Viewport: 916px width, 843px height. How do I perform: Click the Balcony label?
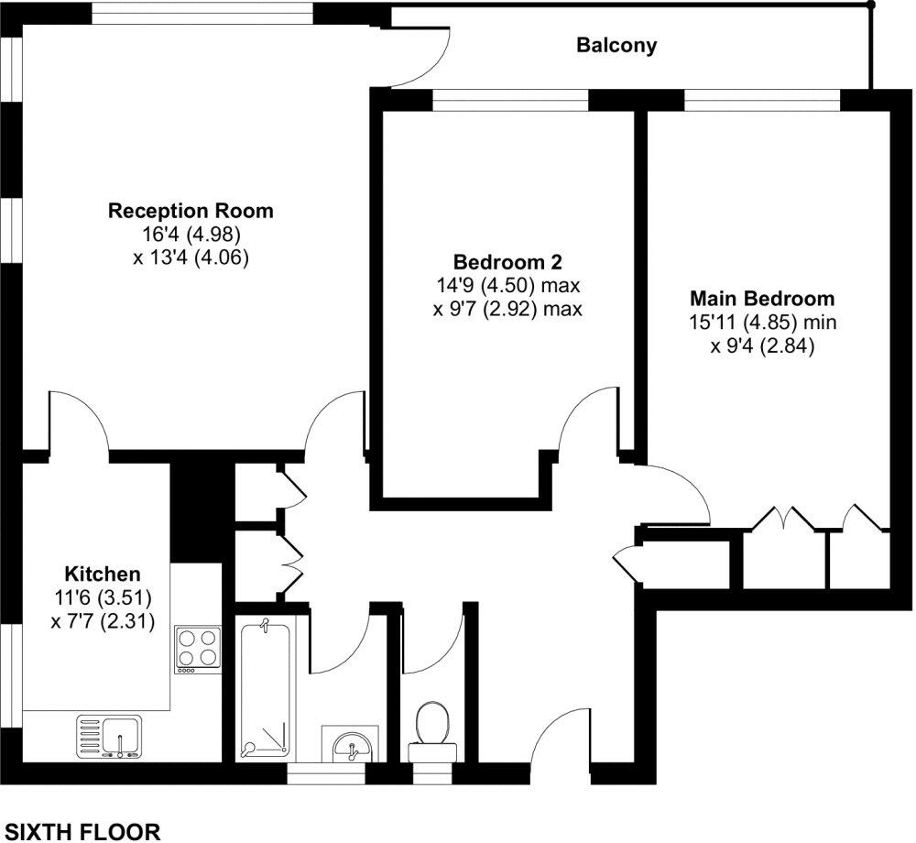coord(616,46)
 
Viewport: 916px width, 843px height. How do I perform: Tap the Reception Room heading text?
coord(191,211)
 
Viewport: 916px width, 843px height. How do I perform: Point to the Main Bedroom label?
coord(762,299)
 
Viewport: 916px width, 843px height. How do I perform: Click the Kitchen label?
coord(102,575)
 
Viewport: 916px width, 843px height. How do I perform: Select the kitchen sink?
coord(110,737)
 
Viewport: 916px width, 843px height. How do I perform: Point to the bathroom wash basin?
coord(351,743)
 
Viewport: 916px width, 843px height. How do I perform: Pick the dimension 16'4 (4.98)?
coord(191,235)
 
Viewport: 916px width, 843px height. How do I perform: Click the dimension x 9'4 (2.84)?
coord(762,346)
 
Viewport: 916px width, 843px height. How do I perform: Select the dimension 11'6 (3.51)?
coord(102,598)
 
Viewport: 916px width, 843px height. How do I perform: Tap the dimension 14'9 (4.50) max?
coord(507,284)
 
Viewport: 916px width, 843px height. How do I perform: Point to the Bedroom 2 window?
coord(510,102)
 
